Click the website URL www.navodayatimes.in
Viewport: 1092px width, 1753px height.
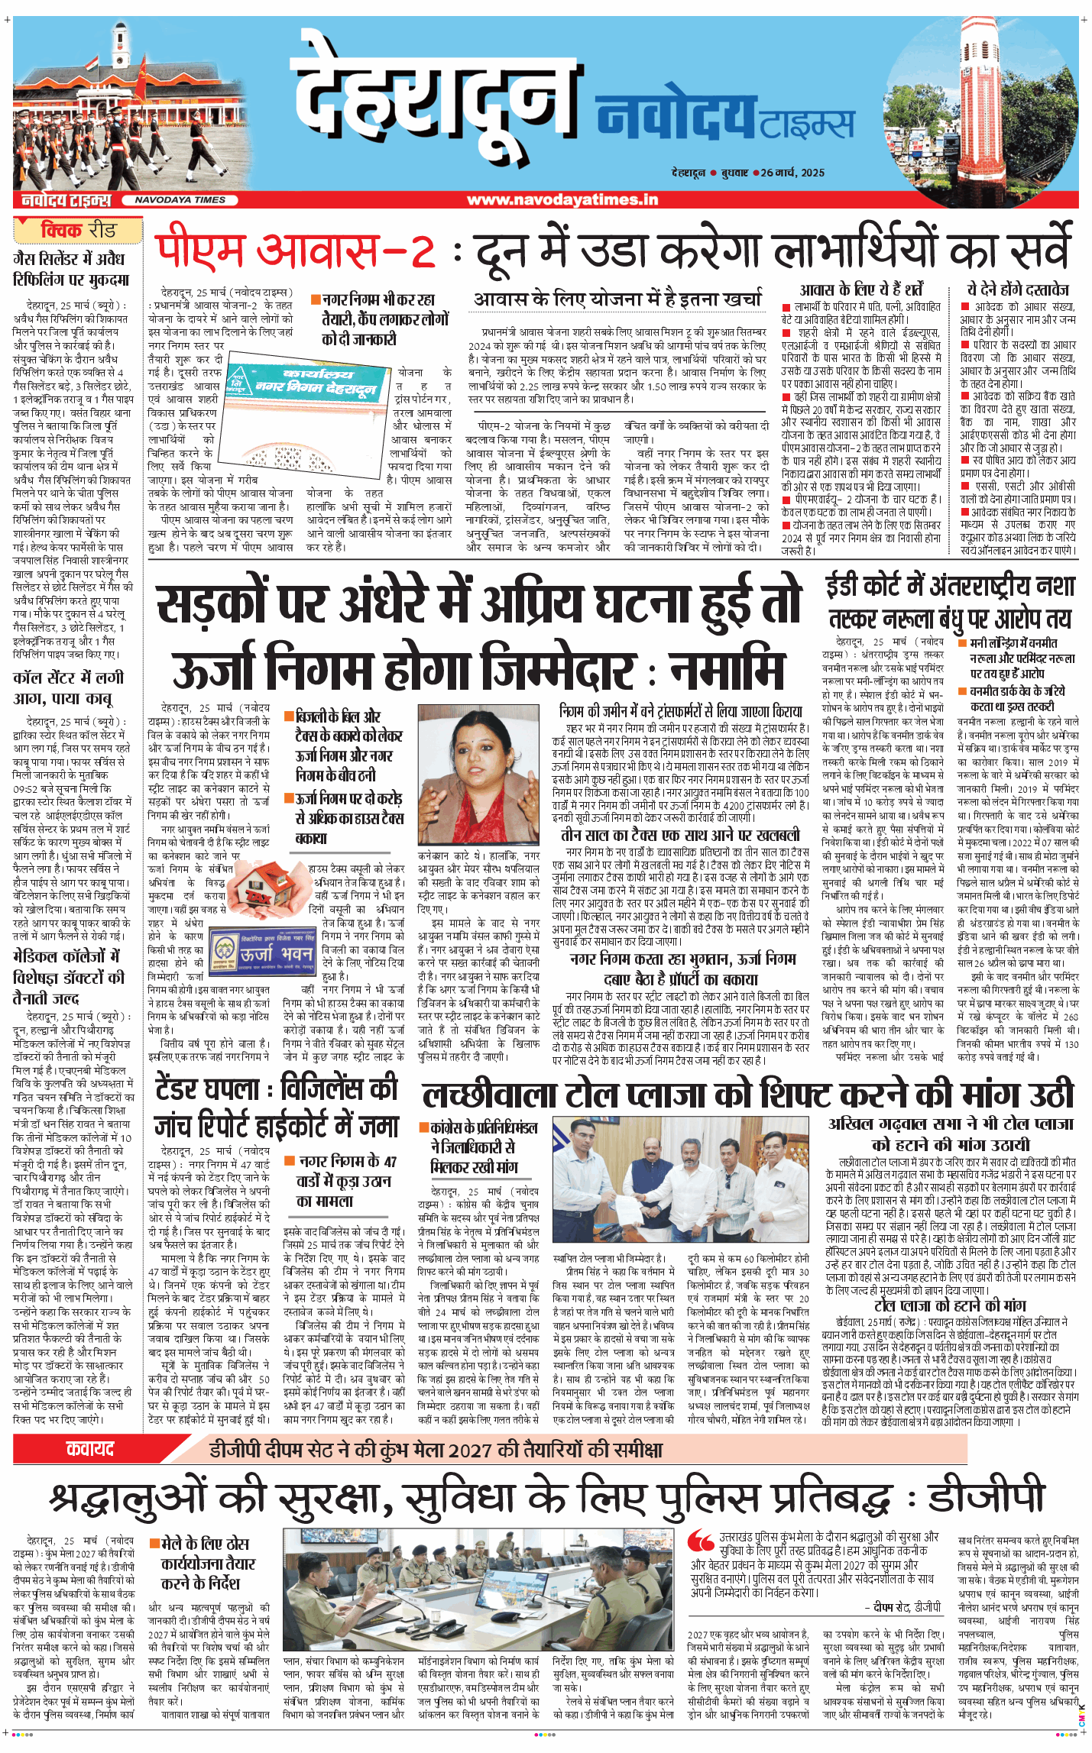(562, 200)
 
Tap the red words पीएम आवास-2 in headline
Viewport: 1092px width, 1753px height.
(294, 249)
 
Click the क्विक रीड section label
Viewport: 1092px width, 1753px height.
(78, 230)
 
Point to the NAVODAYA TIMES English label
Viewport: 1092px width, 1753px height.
(180, 200)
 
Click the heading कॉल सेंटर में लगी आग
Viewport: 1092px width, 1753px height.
(67, 687)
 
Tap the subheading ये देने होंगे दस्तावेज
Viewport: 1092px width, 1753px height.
(1018, 289)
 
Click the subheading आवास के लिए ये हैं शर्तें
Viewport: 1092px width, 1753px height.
(861, 289)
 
